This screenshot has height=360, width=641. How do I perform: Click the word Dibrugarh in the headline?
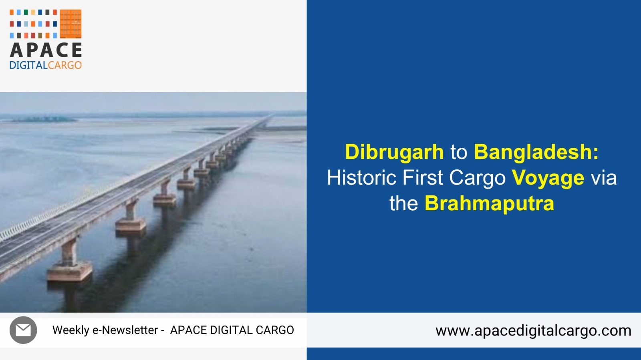tap(394, 152)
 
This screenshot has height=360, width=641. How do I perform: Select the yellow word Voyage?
tap(548, 178)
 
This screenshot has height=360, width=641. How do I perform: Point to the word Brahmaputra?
tap(489, 203)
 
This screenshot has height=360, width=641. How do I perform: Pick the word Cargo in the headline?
tap(477, 178)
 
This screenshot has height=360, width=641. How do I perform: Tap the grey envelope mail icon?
tap(23, 330)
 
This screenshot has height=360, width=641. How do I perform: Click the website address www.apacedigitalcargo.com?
tap(533, 331)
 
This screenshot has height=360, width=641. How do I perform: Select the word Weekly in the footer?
tap(71, 330)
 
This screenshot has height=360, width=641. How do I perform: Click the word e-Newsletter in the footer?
tap(125, 330)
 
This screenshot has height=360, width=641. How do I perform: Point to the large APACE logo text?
tap(46, 50)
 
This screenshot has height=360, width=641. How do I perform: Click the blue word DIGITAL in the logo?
tap(28, 65)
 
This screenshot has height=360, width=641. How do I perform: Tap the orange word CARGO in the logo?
tap(65, 65)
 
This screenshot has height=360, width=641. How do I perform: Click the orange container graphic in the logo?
tap(71, 24)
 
